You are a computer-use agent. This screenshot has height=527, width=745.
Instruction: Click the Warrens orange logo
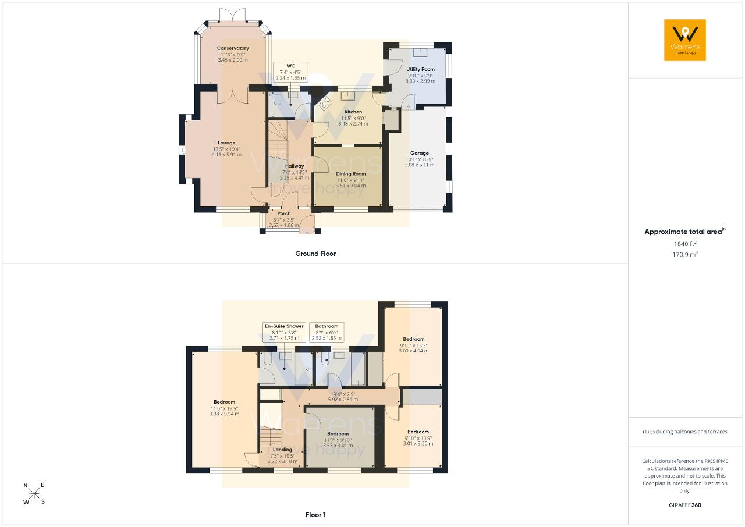point(685,40)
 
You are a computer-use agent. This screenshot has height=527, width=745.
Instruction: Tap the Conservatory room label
point(233,48)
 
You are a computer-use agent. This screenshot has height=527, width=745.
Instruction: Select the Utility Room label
point(420,69)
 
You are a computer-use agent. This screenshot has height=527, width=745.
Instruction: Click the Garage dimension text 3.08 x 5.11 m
point(420,165)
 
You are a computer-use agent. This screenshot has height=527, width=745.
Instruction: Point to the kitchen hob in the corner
point(324,104)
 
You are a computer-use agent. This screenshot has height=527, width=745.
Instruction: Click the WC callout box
point(290,72)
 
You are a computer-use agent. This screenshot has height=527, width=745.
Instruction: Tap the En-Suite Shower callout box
point(285,332)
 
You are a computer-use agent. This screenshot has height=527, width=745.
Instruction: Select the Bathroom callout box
point(327,332)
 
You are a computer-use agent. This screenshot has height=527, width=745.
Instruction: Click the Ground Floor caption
point(315,254)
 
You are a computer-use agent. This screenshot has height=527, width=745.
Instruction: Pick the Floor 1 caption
point(315,515)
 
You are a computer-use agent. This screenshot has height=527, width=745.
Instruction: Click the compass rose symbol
point(34,494)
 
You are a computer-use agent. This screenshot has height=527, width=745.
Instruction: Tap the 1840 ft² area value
point(685,244)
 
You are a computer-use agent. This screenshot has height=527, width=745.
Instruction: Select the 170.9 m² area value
point(685,255)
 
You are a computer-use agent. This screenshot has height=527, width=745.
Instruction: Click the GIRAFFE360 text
point(685,505)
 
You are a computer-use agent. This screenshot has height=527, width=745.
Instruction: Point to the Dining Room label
point(350,174)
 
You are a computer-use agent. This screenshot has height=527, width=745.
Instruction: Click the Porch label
point(284,213)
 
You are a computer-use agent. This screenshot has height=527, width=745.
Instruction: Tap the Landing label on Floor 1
point(282,450)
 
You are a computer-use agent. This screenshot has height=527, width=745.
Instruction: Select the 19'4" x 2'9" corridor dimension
point(343,394)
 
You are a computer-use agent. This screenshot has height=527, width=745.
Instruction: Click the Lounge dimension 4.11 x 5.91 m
point(226,155)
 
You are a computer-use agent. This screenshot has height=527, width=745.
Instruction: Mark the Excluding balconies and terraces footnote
point(685,432)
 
